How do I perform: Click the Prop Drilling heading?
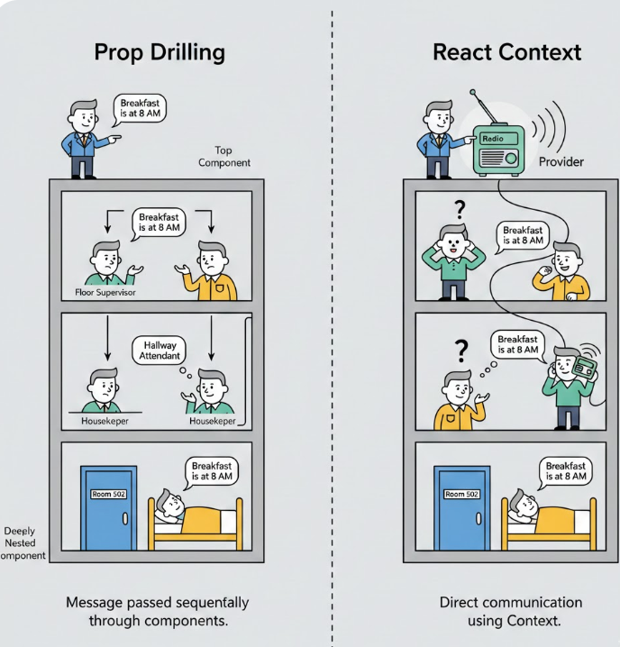[x=160, y=53]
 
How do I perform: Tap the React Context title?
[x=506, y=53]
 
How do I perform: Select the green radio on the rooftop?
[x=498, y=150]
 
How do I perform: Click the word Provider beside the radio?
[x=561, y=162]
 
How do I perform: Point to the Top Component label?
[x=224, y=157]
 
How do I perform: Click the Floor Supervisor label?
[x=105, y=292]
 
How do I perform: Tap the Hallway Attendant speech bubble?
[x=159, y=351]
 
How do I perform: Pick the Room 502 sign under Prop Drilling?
[x=108, y=494]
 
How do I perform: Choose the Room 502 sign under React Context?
[x=461, y=494]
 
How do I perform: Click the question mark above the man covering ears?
[x=460, y=210]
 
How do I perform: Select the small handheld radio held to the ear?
[x=585, y=367]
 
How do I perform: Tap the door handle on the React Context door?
[x=479, y=518]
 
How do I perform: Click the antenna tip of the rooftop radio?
[x=472, y=92]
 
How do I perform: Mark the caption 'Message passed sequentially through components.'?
[x=158, y=611]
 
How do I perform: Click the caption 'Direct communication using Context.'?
[x=511, y=611]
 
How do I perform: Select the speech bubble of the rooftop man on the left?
[x=140, y=109]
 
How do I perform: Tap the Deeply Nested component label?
[x=22, y=543]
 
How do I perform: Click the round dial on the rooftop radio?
[x=511, y=158]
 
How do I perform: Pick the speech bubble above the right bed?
[x=565, y=472]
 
